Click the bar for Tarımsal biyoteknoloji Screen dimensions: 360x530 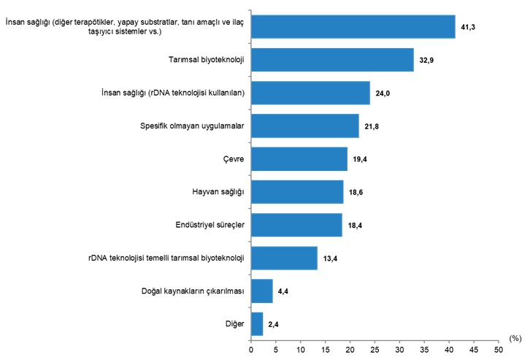click(332, 60)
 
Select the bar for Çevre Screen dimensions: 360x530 click(299, 158)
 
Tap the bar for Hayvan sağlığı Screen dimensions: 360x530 click(296, 191)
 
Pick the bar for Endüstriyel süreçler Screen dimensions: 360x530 click(296, 225)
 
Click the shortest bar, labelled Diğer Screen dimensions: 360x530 click(256, 323)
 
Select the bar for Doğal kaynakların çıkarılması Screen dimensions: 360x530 click(261, 291)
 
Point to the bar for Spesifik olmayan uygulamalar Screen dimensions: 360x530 click(304, 126)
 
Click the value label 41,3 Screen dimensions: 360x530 click(469, 27)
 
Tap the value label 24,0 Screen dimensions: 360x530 click(383, 93)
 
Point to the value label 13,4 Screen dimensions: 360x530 click(331, 258)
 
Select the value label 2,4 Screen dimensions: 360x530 click(274, 324)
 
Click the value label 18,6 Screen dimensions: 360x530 click(356, 192)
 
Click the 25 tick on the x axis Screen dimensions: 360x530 click(375, 350)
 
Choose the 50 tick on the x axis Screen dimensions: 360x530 click(498, 350)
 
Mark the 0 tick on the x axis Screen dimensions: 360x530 click(251, 350)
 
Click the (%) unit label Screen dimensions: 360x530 click(515, 338)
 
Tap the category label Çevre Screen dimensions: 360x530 click(234, 158)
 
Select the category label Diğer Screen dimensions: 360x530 click(234, 323)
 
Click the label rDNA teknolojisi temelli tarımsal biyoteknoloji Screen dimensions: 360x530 click(164, 258)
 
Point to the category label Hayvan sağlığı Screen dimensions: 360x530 click(217, 191)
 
